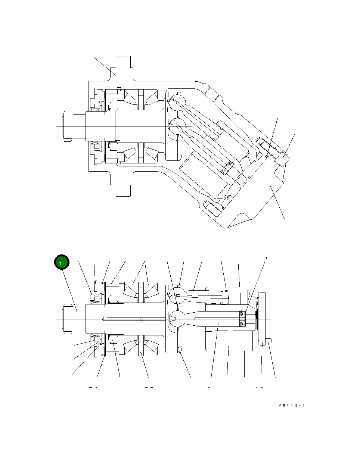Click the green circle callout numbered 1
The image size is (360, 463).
[61, 263]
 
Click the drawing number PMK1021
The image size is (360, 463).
[291, 406]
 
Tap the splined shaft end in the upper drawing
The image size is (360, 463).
[67, 126]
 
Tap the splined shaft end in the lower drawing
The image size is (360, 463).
[67, 319]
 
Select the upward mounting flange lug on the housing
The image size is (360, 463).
[123, 67]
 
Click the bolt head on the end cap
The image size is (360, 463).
[282, 160]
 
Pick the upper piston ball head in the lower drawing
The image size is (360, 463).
[176, 294]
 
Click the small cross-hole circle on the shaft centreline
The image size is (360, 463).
[141, 319]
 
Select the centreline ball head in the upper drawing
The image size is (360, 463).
[176, 126]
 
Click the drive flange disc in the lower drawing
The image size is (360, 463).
[173, 319]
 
